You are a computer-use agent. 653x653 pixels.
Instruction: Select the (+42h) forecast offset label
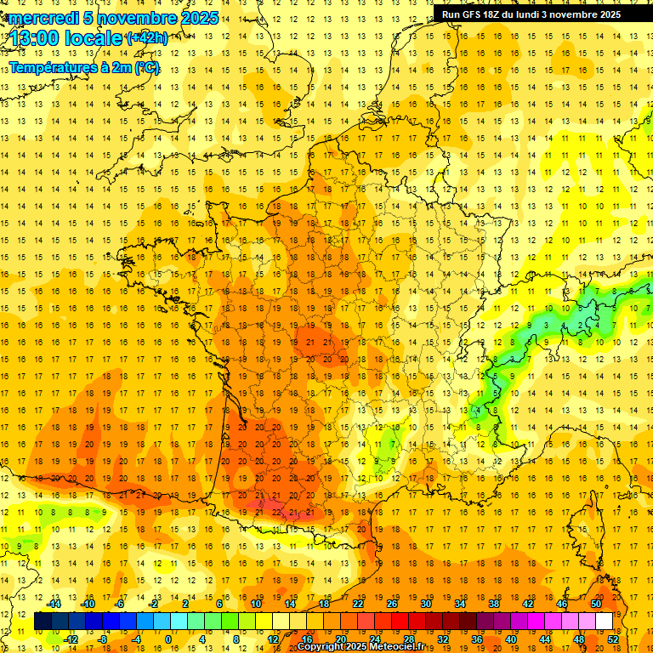(x=147, y=38)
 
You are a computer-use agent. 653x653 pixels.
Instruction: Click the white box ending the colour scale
(x=604, y=622)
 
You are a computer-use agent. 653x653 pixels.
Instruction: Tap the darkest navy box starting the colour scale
(x=43, y=622)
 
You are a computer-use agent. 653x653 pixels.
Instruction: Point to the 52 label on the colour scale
(x=613, y=639)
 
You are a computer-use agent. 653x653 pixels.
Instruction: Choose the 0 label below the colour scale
(x=168, y=639)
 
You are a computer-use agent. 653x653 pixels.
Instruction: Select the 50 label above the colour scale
(x=596, y=605)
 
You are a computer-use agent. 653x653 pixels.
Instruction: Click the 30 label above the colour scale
(x=426, y=605)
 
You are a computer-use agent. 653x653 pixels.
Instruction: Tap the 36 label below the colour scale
(x=477, y=639)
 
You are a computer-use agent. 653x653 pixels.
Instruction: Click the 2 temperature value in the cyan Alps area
(x=580, y=325)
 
